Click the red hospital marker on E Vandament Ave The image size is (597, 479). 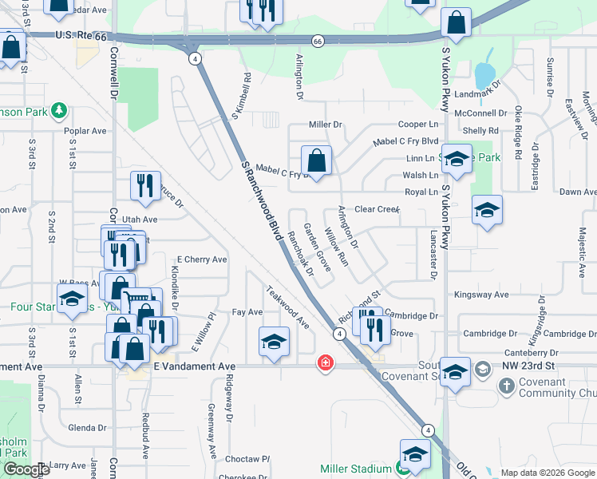[325, 363]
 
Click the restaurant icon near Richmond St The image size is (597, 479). [375, 327]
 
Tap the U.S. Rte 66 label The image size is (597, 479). [81, 37]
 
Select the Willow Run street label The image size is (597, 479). [338, 249]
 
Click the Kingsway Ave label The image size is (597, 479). [480, 295]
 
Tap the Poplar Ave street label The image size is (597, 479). [87, 131]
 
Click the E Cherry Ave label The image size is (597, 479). [202, 259]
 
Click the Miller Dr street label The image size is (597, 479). [325, 125]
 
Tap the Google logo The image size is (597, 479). [26, 469]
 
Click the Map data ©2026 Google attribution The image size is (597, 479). [547, 473]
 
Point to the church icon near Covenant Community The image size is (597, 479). [506, 386]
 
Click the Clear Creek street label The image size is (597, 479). [376, 209]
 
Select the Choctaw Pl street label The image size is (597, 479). [248, 460]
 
